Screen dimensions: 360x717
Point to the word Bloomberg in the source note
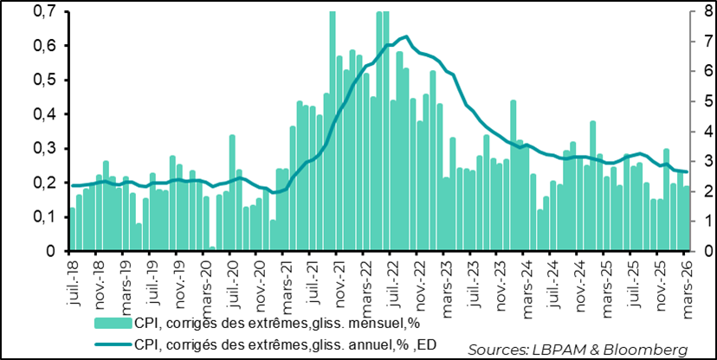[x=654, y=349]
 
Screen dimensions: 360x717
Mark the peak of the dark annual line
[x=406, y=36]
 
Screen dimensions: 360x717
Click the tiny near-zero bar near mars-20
[x=212, y=249]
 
